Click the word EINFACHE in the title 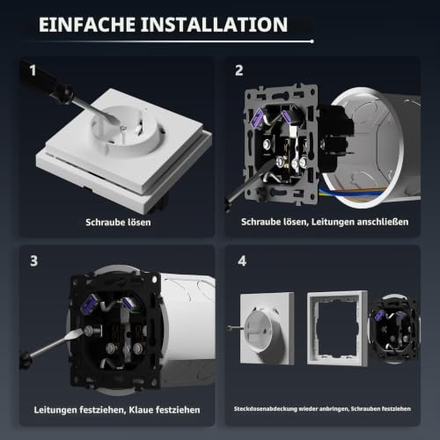click(87, 25)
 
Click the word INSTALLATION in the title click(214, 25)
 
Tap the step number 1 click(33, 70)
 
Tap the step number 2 click(239, 70)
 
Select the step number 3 click(34, 260)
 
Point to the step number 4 click(242, 260)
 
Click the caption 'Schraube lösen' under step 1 click(118, 223)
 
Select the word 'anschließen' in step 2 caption click(383, 222)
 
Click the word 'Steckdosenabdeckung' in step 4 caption click(266, 409)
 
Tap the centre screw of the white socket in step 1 click(123, 128)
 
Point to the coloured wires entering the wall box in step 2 click(352, 191)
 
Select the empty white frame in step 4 click(337, 328)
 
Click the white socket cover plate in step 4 click(268, 328)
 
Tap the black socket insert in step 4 click(394, 328)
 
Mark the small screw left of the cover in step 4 click(235, 327)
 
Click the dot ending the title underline click(312, 41)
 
